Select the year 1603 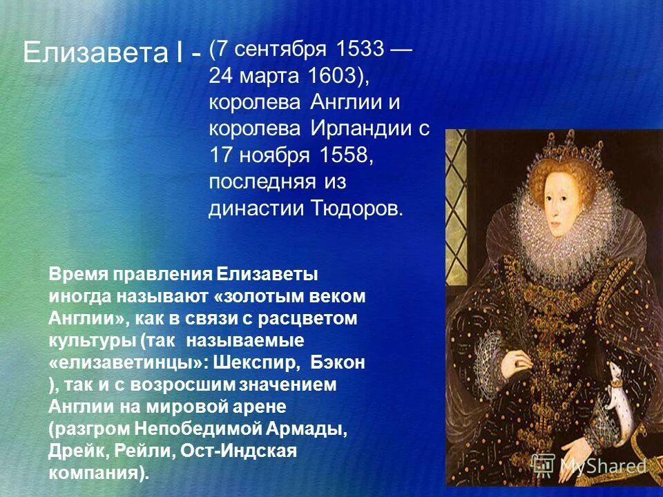[330, 76]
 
